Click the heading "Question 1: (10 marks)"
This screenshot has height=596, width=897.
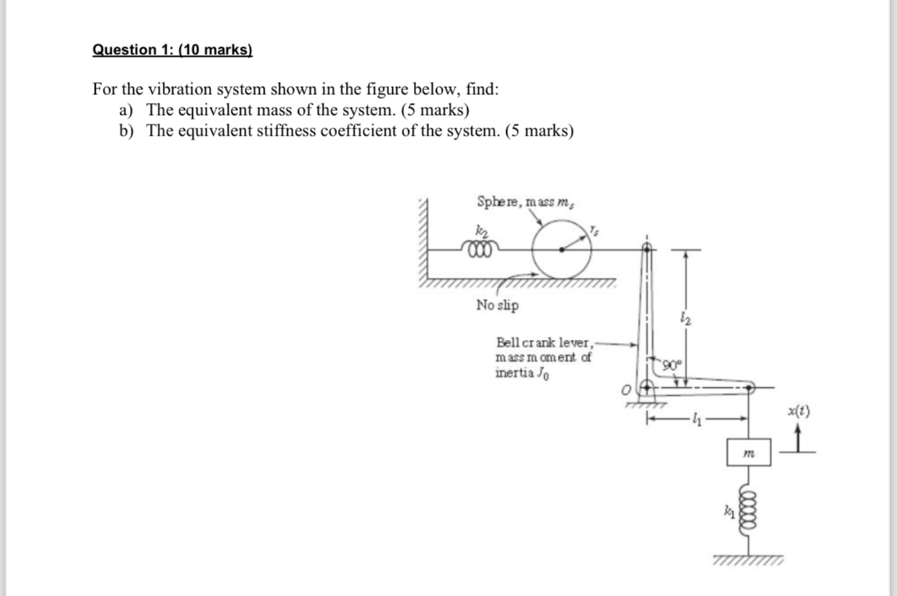click(172, 49)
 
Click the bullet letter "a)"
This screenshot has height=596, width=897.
click(128, 110)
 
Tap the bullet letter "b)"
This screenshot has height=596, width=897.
click(128, 131)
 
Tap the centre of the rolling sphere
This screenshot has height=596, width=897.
click(563, 249)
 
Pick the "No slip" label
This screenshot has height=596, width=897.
click(497, 305)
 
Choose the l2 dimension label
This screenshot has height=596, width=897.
click(684, 320)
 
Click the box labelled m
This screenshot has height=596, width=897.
click(749, 452)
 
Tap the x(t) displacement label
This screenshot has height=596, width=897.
click(798, 412)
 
